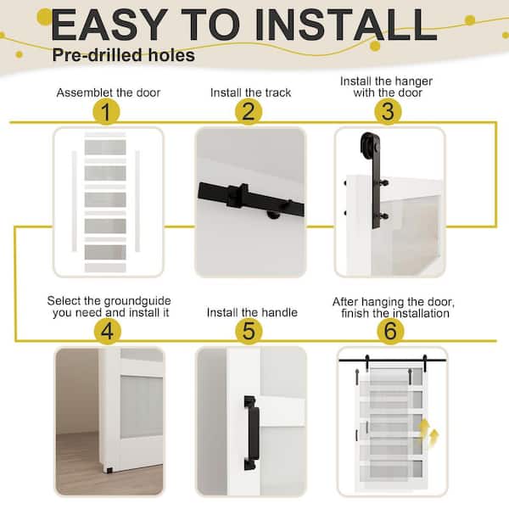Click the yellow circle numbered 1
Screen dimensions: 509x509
(x=106, y=111)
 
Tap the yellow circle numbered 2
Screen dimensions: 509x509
(x=248, y=111)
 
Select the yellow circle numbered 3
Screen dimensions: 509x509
(x=389, y=111)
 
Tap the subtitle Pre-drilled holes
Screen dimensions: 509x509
(x=122, y=56)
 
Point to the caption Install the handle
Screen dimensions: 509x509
(x=252, y=312)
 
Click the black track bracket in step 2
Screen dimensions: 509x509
(x=238, y=196)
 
